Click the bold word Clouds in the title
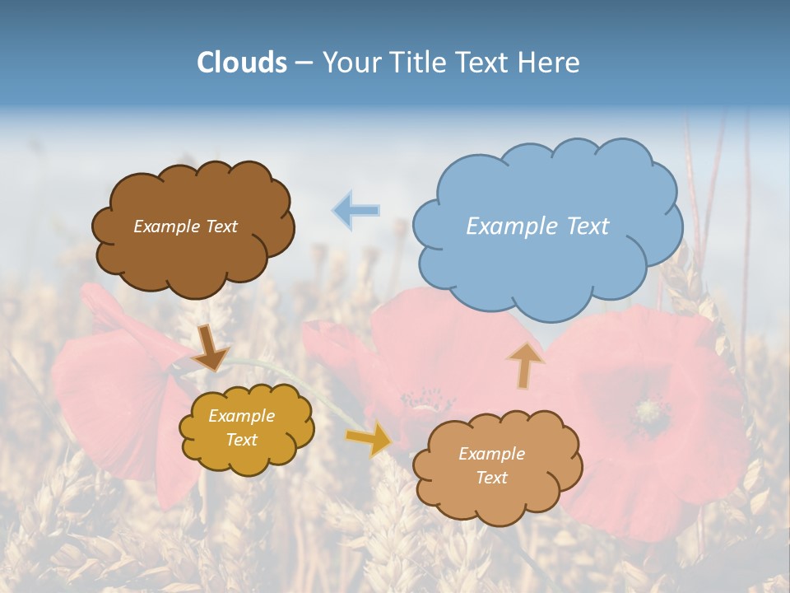point(242,63)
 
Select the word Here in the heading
point(549,63)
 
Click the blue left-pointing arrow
point(356,210)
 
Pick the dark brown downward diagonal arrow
point(211,348)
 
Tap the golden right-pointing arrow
point(370,439)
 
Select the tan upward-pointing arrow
point(525,366)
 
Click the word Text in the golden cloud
point(242,440)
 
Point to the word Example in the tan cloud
point(491,454)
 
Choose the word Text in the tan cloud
point(491,478)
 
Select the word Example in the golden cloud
point(242,416)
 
